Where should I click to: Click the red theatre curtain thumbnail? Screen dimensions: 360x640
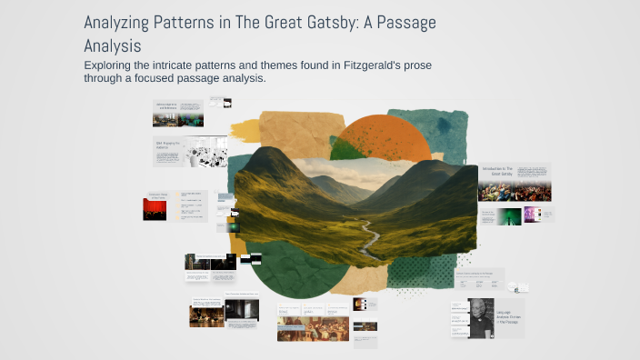pyautogui.click(x=155, y=209)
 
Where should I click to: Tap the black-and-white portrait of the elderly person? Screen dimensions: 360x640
pyautogui.click(x=481, y=318)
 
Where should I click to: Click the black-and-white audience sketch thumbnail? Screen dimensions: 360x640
pyautogui.click(x=207, y=152)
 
